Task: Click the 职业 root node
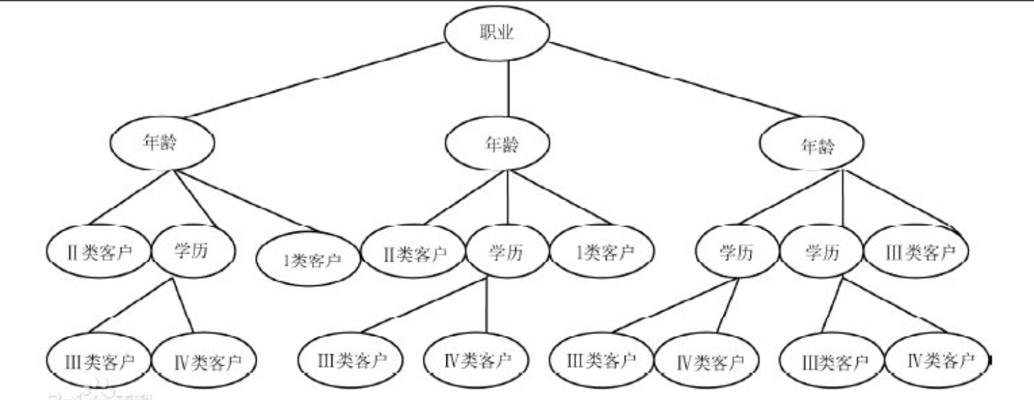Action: [497, 34]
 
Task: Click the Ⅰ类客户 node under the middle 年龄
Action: [602, 252]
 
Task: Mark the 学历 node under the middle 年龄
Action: [506, 252]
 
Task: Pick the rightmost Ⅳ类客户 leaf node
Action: [940, 360]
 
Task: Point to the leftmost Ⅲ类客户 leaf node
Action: [99, 361]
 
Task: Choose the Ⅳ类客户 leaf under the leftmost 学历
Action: [204, 361]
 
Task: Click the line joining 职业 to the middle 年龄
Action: [507, 92]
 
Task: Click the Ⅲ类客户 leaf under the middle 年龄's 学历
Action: [351, 360]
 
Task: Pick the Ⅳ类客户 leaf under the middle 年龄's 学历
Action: [475, 360]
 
